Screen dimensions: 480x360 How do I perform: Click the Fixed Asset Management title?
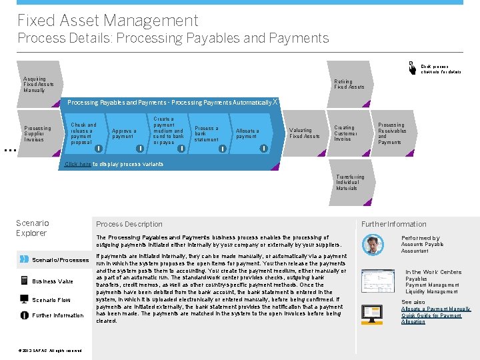pyautogui.click(x=108, y=21)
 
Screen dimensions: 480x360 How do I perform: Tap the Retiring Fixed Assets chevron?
pyautogui.click(x=349, y=85)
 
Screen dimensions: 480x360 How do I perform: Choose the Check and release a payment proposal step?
pyautogui.click(x=84, y=133)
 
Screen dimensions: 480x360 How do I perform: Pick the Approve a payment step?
pyautogui.click(x=124, y=134)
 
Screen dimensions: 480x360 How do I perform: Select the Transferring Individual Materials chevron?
pyautogui.click(x=347, y=183)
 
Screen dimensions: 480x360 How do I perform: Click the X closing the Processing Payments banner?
pyautogui.click(x=275, y=101)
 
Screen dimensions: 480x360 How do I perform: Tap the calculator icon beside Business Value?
pyautogui.click(x=24, y=281)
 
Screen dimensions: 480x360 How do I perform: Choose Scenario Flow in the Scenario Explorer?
pyautogui.click(x=51, y=300)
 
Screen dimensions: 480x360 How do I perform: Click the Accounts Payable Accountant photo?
pyautogui.click(x=373, y=245)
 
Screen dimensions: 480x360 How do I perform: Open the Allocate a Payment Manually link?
pyautogui.click(x=435, y=309)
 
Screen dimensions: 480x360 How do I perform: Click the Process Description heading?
pyautogui.click(x=129, y=224)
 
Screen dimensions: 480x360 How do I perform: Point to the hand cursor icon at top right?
pyautogui.click(x=413, y=67)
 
